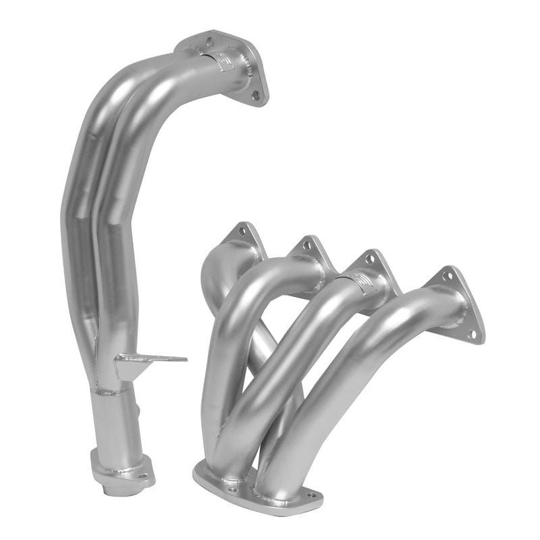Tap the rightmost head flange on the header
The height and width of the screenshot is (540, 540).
[x=459, y=297]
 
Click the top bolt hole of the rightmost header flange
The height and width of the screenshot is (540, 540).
[x=447, y=276]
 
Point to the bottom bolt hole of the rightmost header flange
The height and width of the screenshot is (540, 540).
[x=473, y=333]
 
